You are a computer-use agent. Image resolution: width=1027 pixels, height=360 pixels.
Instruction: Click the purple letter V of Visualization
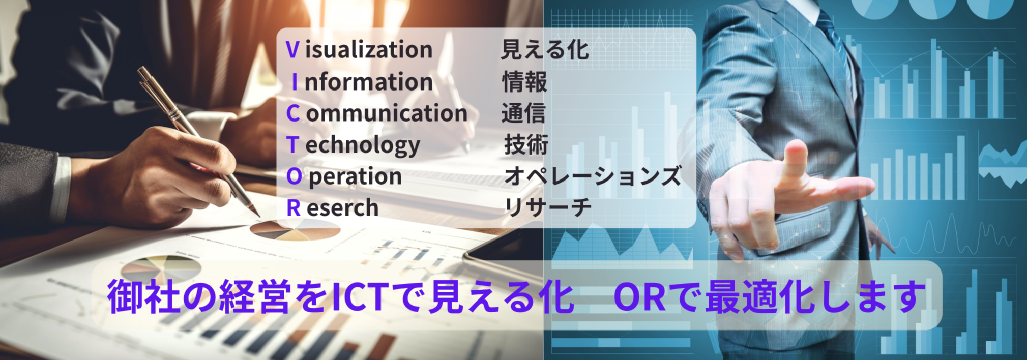click(x=292, y=50)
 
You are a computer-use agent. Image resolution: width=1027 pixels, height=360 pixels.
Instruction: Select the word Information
click(x=362, y=82)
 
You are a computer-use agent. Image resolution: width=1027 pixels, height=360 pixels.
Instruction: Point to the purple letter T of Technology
click(x=292, y=145)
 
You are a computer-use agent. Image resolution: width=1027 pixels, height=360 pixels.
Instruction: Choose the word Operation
click(x=344, y=176)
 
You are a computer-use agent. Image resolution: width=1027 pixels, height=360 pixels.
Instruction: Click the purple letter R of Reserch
click(x=293, y=208)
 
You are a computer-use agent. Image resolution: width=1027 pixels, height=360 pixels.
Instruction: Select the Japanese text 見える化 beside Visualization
click(x=545, y=50)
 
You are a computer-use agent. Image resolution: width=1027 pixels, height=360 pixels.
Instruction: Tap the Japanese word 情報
click(x=524, y=82)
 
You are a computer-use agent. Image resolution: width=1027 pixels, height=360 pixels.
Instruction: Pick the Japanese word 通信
click(x=523, y=113)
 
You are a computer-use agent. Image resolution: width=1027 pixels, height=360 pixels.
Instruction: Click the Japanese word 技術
click(x=526, y=145)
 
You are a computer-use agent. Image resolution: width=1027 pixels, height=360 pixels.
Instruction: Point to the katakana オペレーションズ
click(x=592, y=176)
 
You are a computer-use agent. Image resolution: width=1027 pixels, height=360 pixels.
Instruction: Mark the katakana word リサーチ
click(x=547, y=208)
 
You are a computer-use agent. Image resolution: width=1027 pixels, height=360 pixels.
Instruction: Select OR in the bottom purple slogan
click(x=639, y=296)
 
